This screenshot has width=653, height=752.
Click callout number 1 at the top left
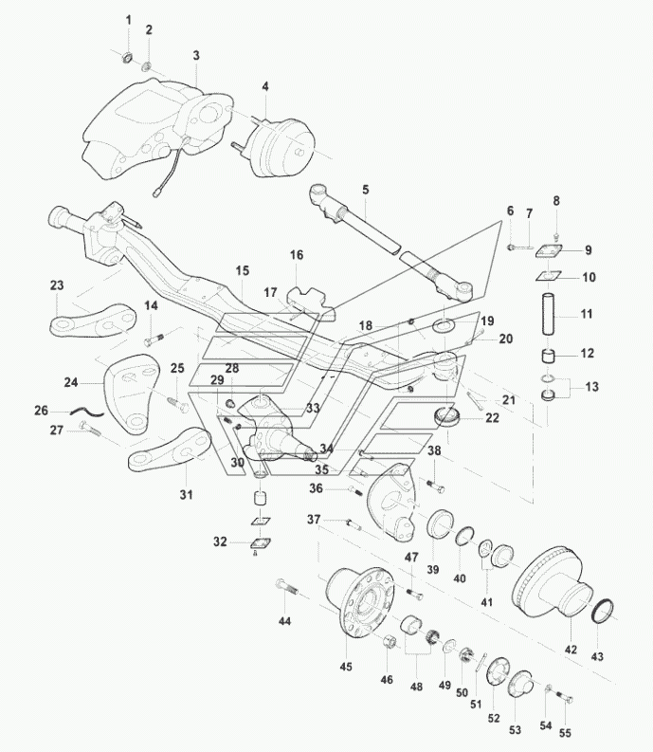pyautogui.click(x=130, y=21)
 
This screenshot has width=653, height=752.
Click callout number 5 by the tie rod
pyautogui.click(x=365, y=189)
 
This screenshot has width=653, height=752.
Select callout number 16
pyautogui.click(x=297, y=255)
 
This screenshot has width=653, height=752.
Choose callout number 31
pyautogui.click(x=186, y=494)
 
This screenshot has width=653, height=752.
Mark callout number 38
pyautogui.click(x=434, y=451)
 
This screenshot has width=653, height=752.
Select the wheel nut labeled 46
pyautogui.click(x=390, y=646)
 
